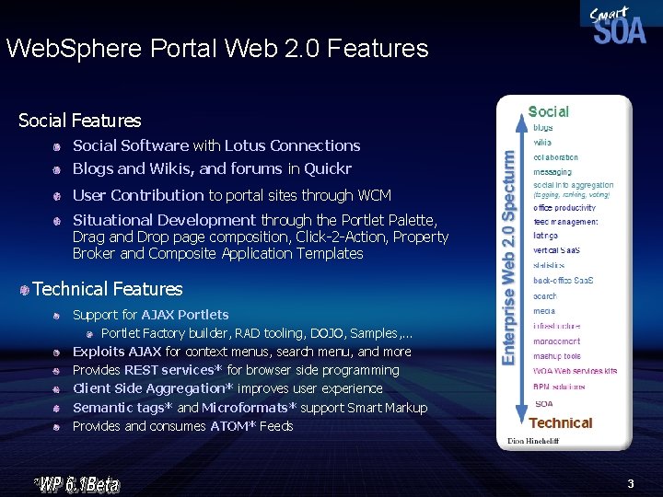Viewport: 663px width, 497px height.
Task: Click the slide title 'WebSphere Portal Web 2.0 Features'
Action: click(x=217, y=49)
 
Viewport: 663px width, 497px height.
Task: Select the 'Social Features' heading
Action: click(x=80, y=121)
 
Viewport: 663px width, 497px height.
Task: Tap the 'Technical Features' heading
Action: click(x=108, y=289)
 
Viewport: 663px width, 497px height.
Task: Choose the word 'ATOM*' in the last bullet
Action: click(x=233, y=426)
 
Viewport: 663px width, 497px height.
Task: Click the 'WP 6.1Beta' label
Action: click(x=78, y=482)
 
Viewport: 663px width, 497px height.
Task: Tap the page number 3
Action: click(x=631, y=482)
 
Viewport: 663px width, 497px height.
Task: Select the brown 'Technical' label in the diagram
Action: click(x=560, y=423)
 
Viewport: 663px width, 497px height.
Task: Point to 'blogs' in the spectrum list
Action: click(x=543, y=128)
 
